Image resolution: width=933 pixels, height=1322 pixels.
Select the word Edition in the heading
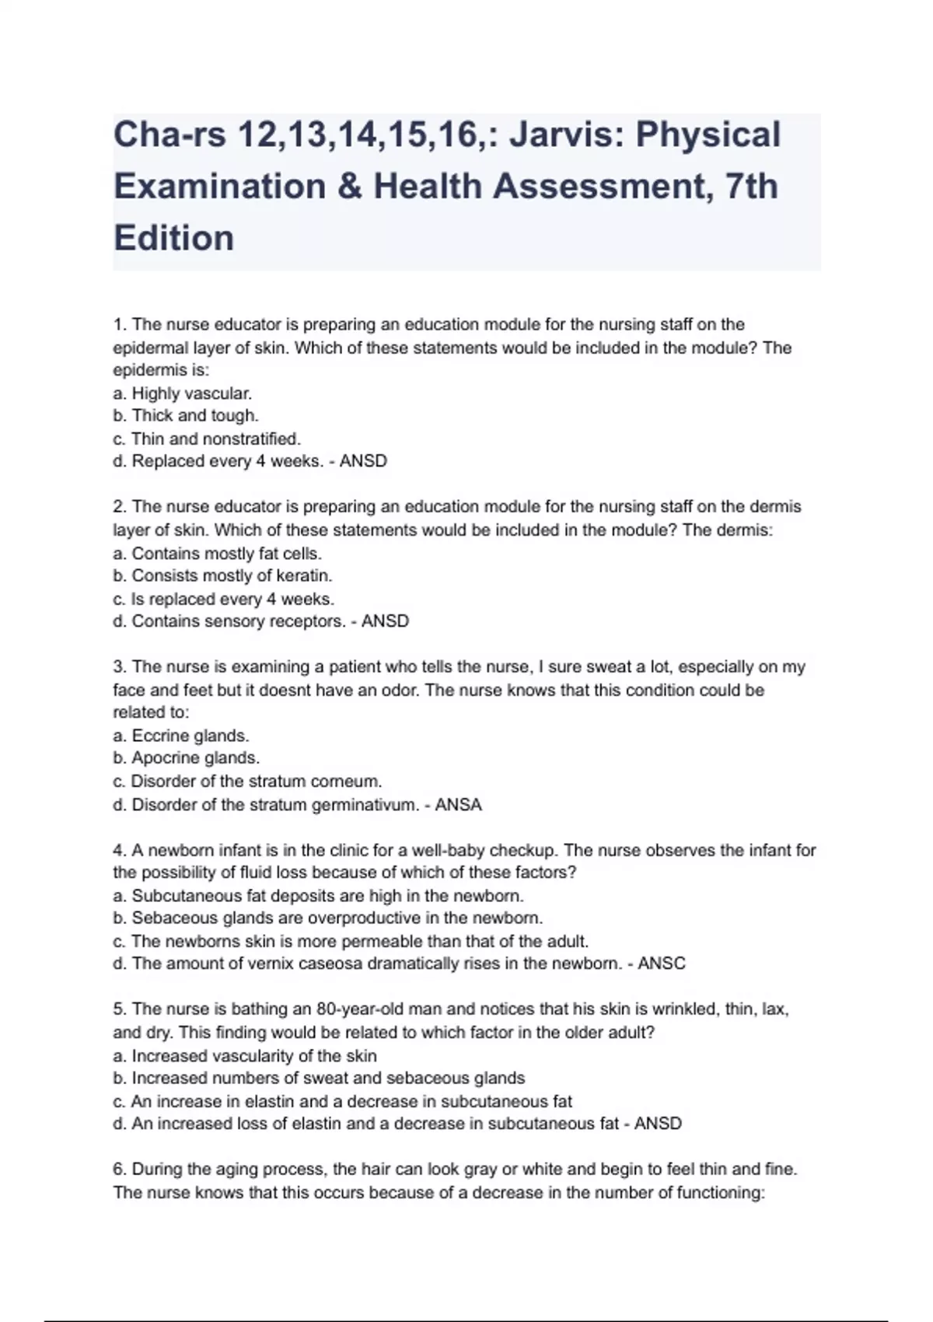pos(173,238)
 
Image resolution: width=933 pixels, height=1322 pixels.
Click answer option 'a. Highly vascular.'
pos(183,393)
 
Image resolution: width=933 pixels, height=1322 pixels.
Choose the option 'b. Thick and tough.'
pos(186,415)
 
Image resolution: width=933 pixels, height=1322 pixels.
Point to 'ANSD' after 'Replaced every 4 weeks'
pos(363,461)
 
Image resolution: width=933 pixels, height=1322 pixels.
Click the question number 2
pos(120,507)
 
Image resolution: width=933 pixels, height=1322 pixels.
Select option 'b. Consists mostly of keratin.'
pos(222,575)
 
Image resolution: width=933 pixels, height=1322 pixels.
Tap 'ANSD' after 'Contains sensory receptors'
pos(385,621)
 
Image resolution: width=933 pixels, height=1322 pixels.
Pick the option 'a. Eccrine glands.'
pos(181,736)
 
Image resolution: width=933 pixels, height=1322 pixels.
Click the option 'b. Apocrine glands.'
pos(187,757)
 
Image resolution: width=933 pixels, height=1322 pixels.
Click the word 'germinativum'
pos(365,805)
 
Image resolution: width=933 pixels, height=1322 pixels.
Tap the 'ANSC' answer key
pos(662,964)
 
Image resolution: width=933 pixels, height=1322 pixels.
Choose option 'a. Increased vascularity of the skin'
pos(245,1056)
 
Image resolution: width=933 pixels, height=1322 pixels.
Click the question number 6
pos(120,1170)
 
